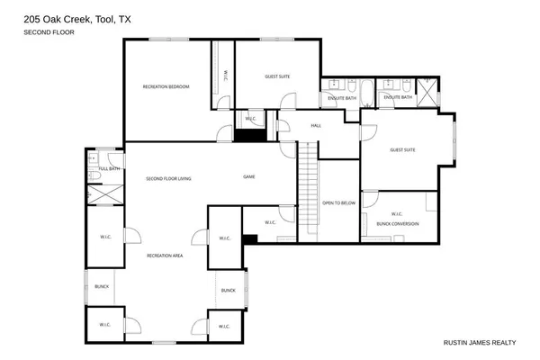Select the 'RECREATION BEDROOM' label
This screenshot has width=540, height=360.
(166, 86)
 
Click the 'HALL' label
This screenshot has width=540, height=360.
(316, 125)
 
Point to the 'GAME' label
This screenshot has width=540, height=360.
(249, 177)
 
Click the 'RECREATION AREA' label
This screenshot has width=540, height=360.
(166, 256)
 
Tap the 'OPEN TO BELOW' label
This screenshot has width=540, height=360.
(339, 203)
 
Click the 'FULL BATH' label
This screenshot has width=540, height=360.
(109, 168)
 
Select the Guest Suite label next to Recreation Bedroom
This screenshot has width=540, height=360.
(276, 77)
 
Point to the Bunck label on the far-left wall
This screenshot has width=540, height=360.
(102, 287)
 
